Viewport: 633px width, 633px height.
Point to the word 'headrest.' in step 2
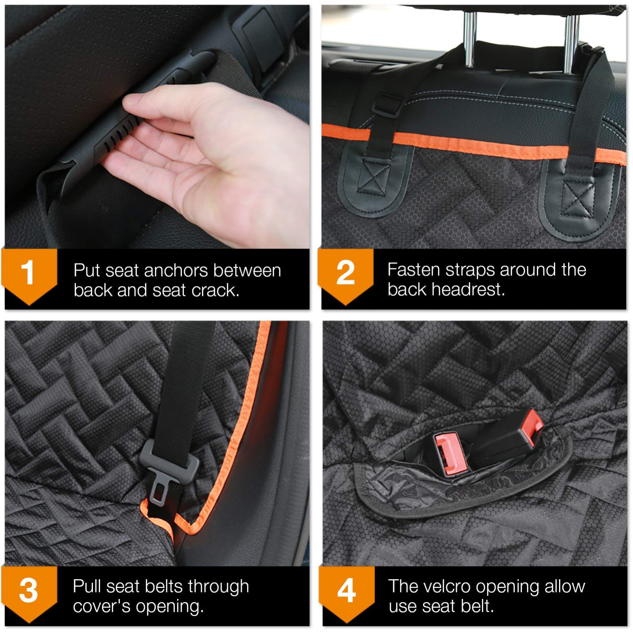468,290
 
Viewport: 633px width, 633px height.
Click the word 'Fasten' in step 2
413,270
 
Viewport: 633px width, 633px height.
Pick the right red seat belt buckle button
532,427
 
